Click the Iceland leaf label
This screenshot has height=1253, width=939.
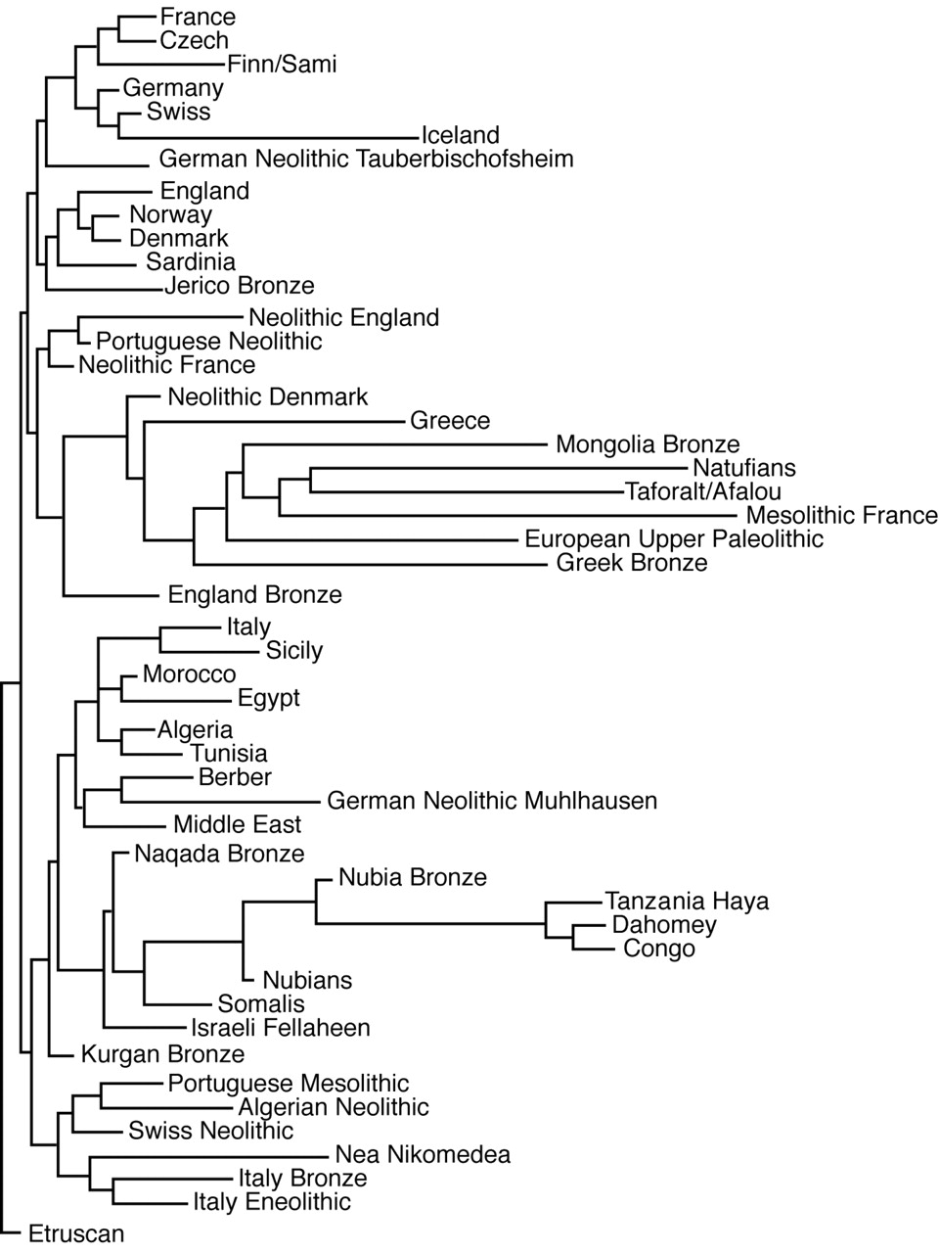click(x=460, y=135)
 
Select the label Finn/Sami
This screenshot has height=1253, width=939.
click(x=282, y=64)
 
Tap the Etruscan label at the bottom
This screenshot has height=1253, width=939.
click(x=76, y=1233)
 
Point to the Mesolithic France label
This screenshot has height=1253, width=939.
click(x=841, y=516)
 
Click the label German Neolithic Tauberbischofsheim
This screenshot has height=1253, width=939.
click(x=366, y=159)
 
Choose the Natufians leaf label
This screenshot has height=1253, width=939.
click(x=744, y=468)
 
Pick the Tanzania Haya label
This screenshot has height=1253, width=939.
click(x=687, y=902)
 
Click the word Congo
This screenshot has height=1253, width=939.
click(x=659, y=949)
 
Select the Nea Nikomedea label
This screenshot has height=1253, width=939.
click(x=423, y=1154)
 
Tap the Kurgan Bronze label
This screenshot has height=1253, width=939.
click(x=162, y=1054)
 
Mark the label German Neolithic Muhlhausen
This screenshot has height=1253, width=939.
click(x=492, y=801)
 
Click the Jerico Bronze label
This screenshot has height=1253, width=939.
click(x=240, y=286)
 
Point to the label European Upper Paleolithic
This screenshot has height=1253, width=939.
click(x=674, y=539)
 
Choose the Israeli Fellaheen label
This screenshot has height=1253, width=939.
click(x=281, y=1028)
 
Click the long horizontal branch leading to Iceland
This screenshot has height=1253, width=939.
click(x=268, y=138)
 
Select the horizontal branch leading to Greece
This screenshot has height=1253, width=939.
click(x=274, y=423)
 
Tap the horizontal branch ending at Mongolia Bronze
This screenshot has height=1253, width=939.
click(x=395, y=444)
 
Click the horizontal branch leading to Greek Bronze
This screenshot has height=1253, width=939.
click(x=370, y=565)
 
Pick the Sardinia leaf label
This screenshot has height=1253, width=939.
click(x=191, y=262)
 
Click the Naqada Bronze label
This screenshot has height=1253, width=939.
click(x=219, y=854)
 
